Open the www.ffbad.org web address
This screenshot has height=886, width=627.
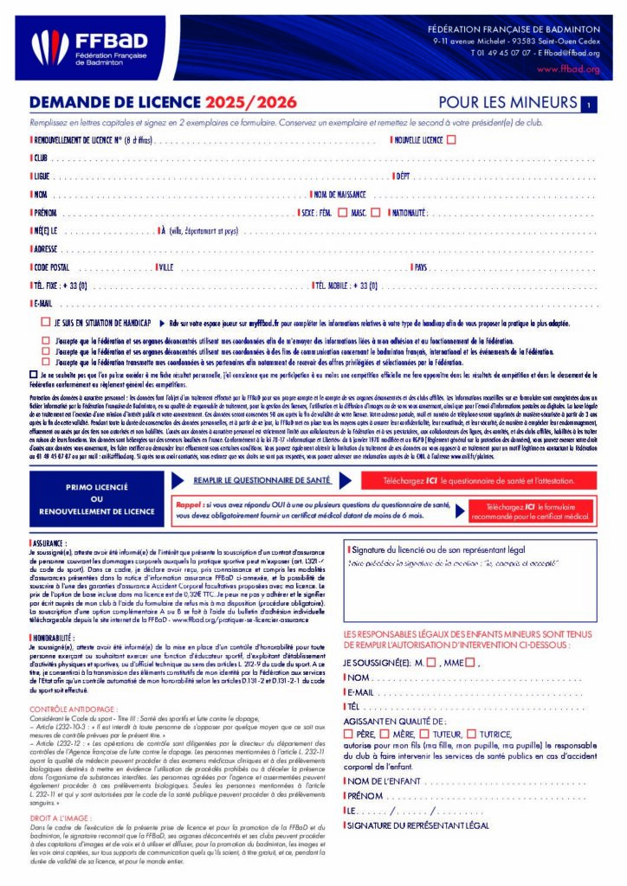pyautogui.click(x=568, y=68)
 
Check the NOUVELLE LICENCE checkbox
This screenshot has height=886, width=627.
pyautogui.click(x=451, y=139)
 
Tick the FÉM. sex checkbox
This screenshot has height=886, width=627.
pyautogui.click(x=343, y=212)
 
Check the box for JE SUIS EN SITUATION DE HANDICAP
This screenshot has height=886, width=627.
pyautogui.click(x=45, y=322)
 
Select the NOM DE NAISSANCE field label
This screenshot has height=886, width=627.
pyautogui.click(x=339, y=195)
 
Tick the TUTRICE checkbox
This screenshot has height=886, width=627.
pyautogui.click(x=471, y=735)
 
